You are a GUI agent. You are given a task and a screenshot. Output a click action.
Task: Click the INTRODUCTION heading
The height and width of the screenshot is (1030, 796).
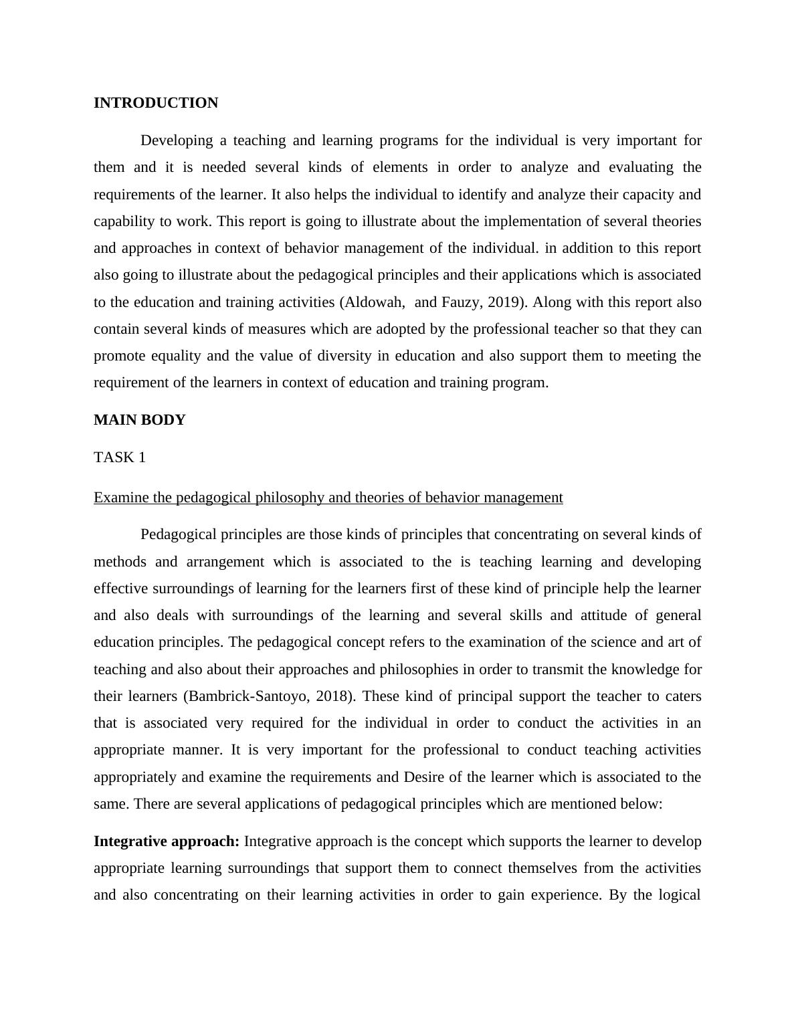(156, 103)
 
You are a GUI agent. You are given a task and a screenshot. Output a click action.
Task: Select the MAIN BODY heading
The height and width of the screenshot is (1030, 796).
(139, 420)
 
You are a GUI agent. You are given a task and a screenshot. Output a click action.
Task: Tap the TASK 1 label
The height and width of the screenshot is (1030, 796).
(120, 457)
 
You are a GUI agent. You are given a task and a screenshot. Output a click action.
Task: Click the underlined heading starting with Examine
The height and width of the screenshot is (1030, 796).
(328, 498)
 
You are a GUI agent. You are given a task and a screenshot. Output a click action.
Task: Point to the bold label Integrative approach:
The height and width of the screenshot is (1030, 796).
(167, 841)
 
